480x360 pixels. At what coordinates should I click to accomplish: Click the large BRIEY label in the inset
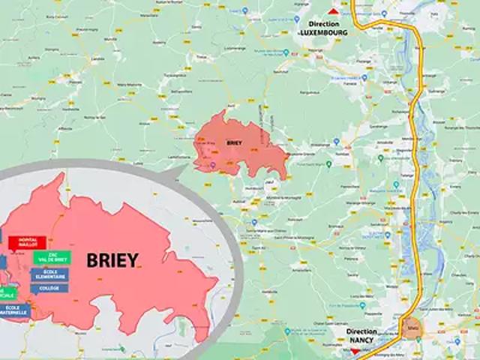pyautogui.click(x=112, y=260)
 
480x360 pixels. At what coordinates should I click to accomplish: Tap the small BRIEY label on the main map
pyautogui.click(x=235, y=142)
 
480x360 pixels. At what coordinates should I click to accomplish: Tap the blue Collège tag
pyautogui.click(x=50, y=288)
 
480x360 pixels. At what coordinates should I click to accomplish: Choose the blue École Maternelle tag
pyautogui.click(x=13, y=309)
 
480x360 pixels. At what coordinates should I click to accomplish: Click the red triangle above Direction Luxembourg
pyautogui.click(x=313, y=11)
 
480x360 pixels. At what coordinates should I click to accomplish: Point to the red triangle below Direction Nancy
pyautogui.click(x=355, y=350)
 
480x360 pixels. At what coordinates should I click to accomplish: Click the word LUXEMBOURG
pyautogui.click(x=323, y=33)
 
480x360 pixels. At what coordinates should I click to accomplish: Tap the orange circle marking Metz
pyautogui.click(x=412, y=328)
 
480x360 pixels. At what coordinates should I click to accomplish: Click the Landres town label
pyautogui.click(x=97, y=58)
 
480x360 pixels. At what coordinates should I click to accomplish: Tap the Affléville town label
pyautogui.click(x=63, y=128)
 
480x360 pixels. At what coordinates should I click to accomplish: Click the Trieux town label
pyautogui.click(x=200, y=57)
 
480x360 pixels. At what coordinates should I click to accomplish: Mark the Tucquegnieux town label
pyautogui.click(x=173, y=76)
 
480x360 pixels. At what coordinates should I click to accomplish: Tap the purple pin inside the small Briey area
pyautogui.click(x=212, y=164)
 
